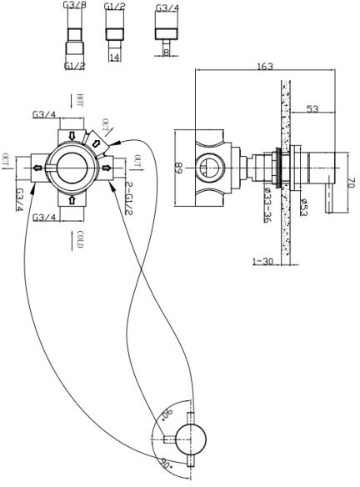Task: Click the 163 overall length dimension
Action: (265, 67)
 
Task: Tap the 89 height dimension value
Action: (179, 168)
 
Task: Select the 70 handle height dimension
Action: (351, 182)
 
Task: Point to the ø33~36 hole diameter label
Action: (267, 204)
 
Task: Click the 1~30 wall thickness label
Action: (262, 262)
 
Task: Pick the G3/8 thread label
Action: (73, 5)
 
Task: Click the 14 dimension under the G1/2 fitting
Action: (114, 58)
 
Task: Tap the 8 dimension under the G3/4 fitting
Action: (167, 53)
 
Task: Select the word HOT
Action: (80, 100)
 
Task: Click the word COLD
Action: (80, 239)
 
